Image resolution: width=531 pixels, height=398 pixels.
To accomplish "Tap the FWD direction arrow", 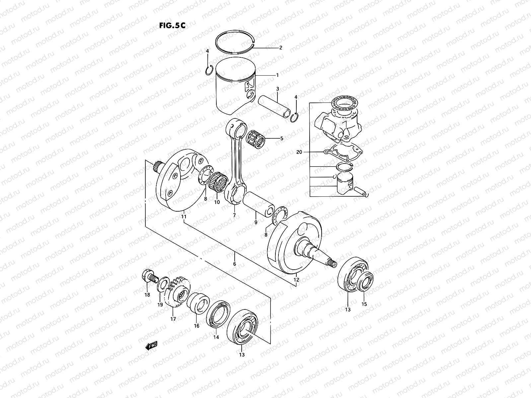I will pos(151,346).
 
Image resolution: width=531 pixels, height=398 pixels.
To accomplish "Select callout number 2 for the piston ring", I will pos(280,48).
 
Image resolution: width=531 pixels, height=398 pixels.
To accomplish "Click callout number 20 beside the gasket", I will pos(299,152).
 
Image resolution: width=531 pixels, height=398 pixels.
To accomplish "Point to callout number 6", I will pos(234,264).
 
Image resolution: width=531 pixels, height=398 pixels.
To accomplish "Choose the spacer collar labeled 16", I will pos(198,302).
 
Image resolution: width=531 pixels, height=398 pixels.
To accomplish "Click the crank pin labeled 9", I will pos(258,206).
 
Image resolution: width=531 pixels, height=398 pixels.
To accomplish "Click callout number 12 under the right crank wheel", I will pos(296,280).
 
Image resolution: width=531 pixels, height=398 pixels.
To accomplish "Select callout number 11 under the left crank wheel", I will pos(184,217).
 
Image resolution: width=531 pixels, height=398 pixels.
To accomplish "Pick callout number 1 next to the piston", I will pos(277,75).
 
